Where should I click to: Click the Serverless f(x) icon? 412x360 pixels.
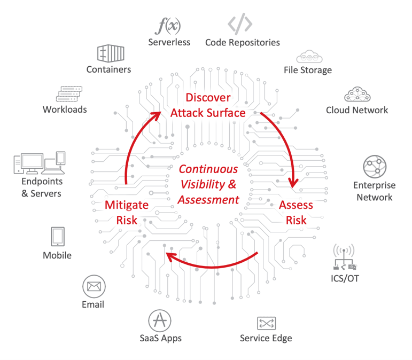[x=169, y=26]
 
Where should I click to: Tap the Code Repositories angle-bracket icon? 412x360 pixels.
[x=239, y=25]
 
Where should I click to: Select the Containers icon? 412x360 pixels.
[x=110, y=53]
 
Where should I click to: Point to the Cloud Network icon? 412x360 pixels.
[x=357, y=95]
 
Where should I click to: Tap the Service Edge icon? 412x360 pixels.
[x=266, y=323]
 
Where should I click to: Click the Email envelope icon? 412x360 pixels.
[x=94, y=287]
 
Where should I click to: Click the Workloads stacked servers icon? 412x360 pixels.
[x=67, y=94]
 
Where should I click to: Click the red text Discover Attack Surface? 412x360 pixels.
[x=208, y=105]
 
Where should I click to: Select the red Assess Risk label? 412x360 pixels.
[x=296, y=213]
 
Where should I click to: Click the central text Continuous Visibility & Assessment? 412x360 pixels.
[x=208, y=184]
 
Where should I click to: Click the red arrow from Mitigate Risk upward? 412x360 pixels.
[x=134, y=144]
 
